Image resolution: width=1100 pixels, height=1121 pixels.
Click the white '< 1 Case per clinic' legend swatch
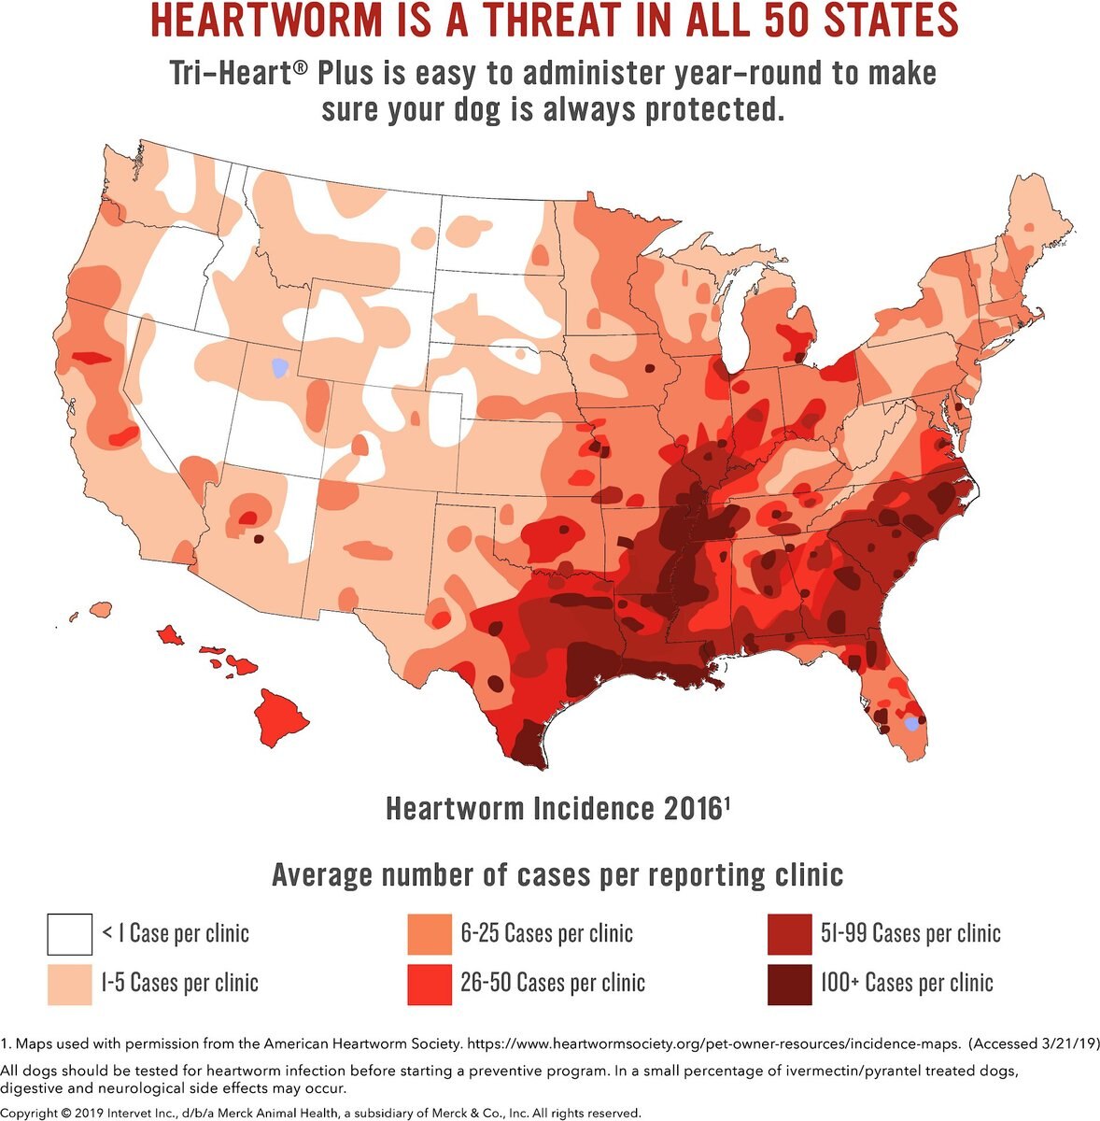(70, 933)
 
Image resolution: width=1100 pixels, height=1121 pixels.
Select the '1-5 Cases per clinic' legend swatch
(70, 983)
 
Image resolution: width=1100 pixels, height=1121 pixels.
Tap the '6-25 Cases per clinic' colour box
(429, 933)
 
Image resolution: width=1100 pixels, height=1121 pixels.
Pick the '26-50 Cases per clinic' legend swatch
(429, 983)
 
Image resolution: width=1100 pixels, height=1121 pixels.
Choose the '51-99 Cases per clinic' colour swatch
(789, 933)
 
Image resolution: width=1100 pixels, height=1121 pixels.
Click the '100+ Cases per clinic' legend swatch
(789, 983)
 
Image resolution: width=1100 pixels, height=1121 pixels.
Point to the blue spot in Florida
(912, 724)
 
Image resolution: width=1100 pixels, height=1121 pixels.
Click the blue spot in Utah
(276, 367)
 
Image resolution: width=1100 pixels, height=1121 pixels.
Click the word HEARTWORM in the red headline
(279, 21)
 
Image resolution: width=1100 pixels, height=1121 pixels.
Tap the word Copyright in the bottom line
(35, 1113)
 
